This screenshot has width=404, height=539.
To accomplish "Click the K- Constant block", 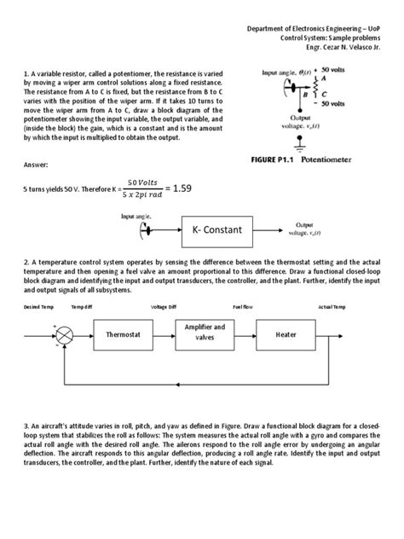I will click(x=222, y=230).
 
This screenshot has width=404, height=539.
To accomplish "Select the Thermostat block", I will click(x=128, y=335).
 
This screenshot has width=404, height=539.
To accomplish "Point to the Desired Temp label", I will click(x=38, y=306).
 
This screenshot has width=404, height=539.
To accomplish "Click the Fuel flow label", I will click(x=244, y=306).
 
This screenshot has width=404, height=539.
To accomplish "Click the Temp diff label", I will click(x=83, y=306).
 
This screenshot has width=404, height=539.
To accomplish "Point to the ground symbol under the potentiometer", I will click(x=299, y=141).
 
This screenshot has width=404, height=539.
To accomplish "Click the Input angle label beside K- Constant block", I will click(x=135, y=217).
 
